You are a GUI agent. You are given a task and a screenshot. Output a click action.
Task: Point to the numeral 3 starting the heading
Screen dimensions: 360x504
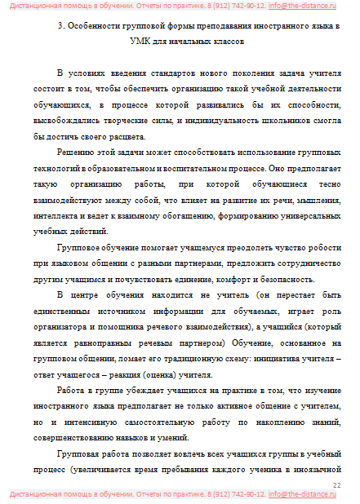(63, 26)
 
